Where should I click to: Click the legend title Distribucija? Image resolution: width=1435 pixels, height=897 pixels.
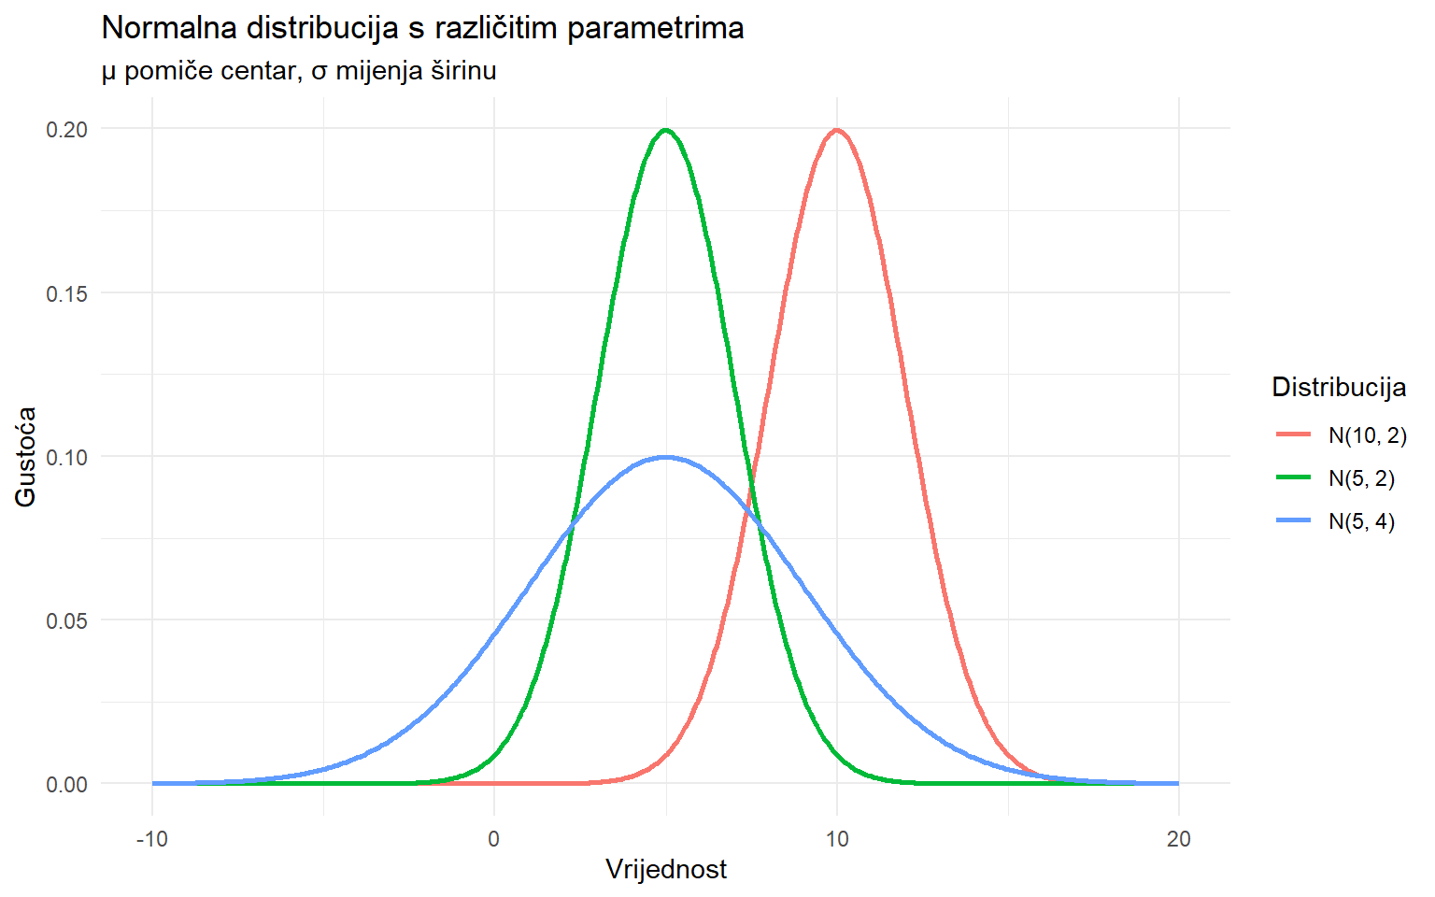1339,387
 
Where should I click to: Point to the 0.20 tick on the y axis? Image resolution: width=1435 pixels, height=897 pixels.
67,129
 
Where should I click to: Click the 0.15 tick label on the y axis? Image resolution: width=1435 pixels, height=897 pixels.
67,293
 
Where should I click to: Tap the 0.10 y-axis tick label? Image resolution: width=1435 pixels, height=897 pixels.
67,457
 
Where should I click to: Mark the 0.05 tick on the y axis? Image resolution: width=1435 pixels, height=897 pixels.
67,620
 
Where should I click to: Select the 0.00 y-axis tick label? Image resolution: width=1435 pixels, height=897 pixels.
67,784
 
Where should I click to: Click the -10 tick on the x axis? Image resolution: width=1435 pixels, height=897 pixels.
152,838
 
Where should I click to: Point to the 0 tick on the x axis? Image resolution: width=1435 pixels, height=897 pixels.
494,838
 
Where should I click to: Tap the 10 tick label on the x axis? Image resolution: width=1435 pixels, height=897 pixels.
837,838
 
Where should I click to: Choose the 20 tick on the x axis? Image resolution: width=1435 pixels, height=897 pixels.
1179,838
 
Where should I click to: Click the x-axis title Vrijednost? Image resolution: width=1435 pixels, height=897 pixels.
666,869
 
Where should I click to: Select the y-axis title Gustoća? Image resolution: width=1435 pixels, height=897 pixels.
26,457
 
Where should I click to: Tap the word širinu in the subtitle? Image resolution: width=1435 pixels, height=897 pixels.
463,70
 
